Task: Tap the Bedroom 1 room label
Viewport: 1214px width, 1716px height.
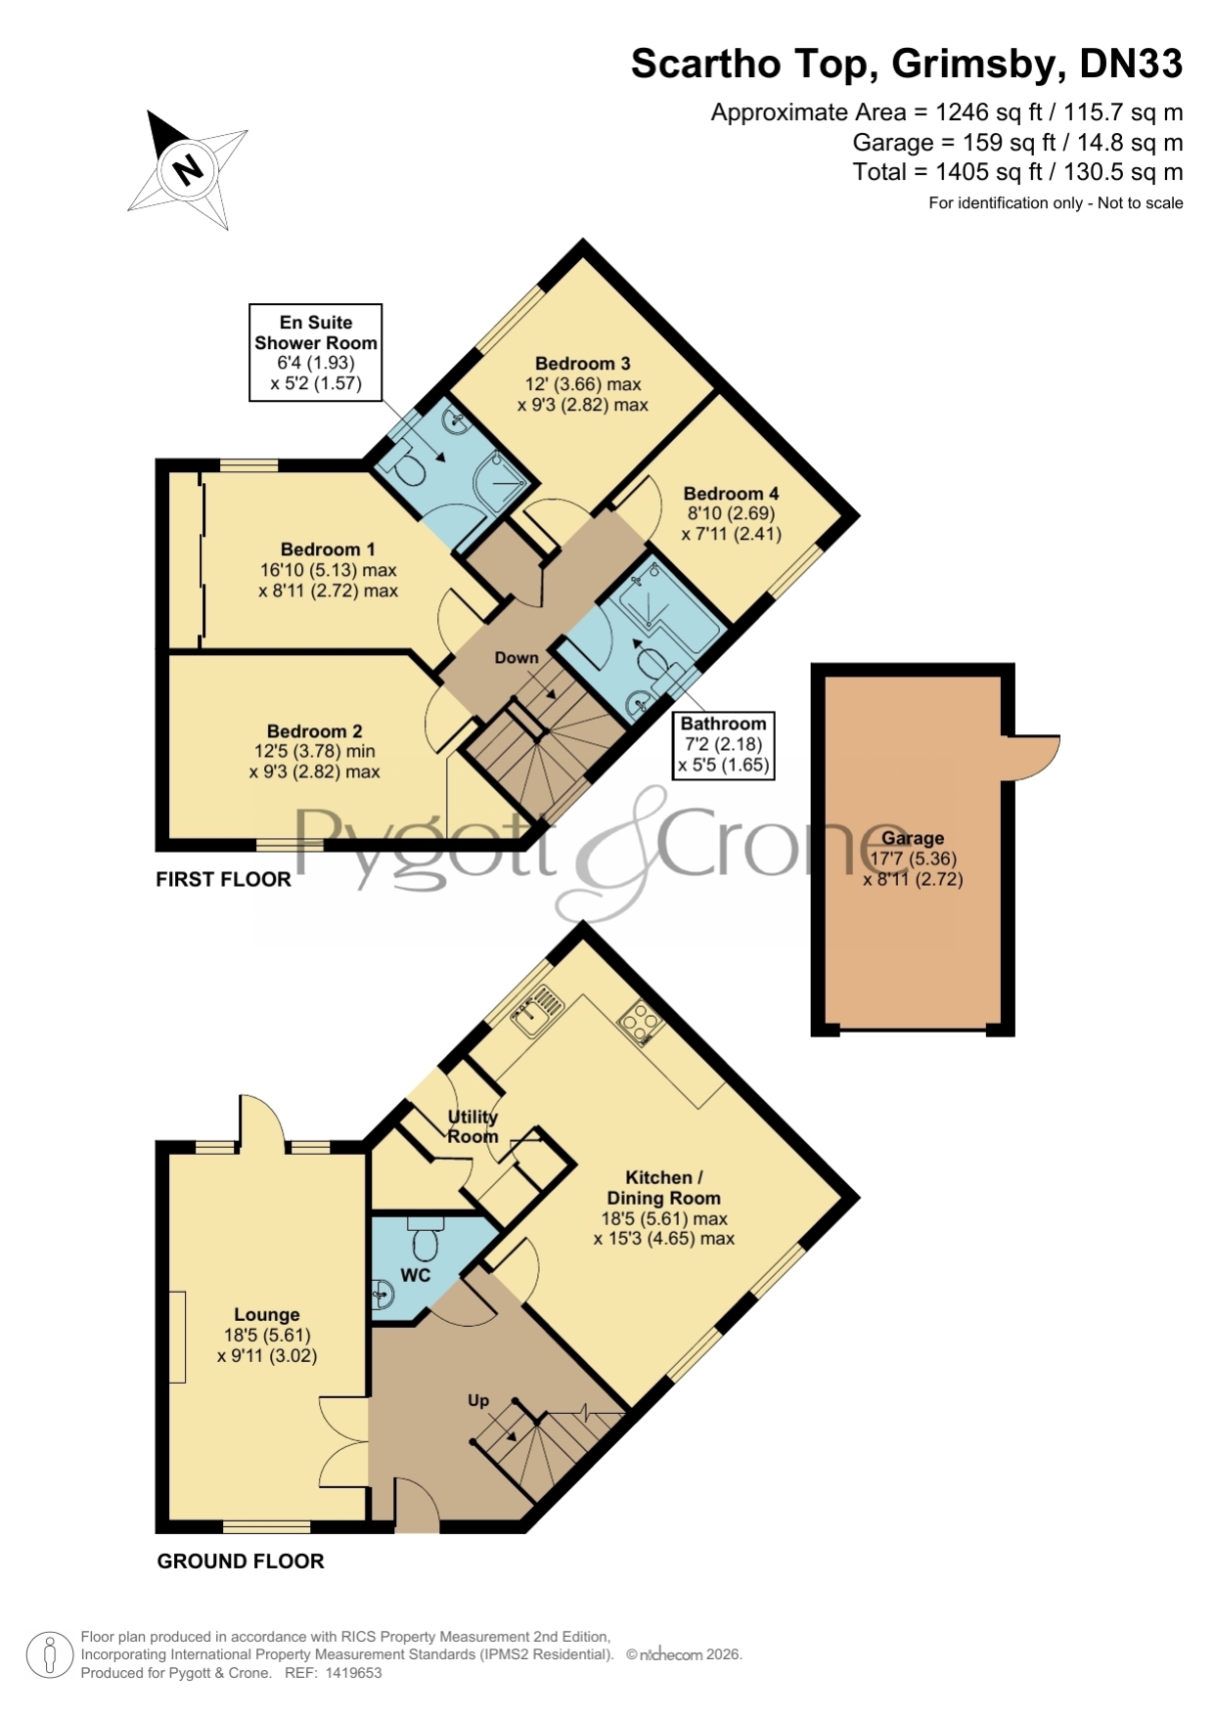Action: coord(328,550)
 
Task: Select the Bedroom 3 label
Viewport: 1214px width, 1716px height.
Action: coord(582,364)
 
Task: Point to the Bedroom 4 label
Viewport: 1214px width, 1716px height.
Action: coord(731,494)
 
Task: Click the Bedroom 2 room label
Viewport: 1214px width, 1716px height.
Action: coord(314,731)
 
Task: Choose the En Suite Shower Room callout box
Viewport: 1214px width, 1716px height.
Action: coord(316,353)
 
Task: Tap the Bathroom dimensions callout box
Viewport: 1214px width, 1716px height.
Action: coord(724,745)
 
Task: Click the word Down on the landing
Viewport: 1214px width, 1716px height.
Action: coord(517,658)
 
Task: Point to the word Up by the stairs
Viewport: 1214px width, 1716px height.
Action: coord(478,1400)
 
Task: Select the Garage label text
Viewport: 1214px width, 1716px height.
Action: coord(913,838)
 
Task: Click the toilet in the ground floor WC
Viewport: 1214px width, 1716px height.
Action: coord(425,1238)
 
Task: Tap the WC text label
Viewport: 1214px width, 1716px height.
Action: coord(416,1275)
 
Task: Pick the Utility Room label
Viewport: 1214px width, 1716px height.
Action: coord(473,1126)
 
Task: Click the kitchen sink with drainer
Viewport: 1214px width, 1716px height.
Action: coord(538,1010)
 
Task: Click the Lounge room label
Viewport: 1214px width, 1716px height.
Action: coord(267,1315)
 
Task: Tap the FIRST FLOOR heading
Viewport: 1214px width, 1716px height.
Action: coord(224,879)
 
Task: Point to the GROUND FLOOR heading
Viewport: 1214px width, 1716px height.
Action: coord(241,1562)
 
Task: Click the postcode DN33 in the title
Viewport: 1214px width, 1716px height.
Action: coord(1131,65)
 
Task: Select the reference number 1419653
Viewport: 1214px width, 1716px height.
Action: coord(353,1673)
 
